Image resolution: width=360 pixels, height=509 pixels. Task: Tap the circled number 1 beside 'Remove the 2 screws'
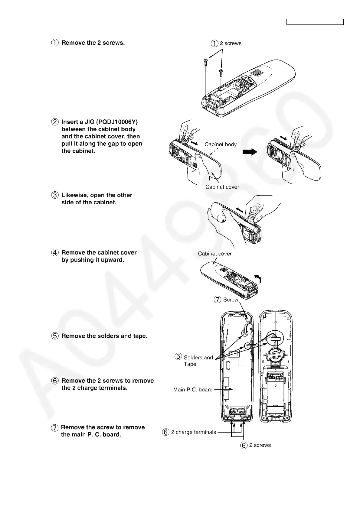55,43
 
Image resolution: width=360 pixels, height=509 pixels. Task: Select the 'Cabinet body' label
221,144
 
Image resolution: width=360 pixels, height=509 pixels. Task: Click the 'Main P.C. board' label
193,390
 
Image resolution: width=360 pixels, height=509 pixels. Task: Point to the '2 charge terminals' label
193,432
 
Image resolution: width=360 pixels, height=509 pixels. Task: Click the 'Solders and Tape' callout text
198,361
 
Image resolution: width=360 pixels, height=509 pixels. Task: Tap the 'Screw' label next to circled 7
231,300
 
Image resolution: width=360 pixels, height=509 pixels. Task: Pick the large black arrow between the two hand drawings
250,152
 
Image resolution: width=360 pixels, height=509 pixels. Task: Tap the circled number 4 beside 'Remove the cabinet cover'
55,253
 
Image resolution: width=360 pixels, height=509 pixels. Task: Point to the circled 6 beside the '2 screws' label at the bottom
244,445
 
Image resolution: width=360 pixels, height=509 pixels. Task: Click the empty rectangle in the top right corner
315,22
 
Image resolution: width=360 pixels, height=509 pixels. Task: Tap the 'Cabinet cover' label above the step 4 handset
215,254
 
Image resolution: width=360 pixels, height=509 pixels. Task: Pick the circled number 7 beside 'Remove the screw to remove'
55,428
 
